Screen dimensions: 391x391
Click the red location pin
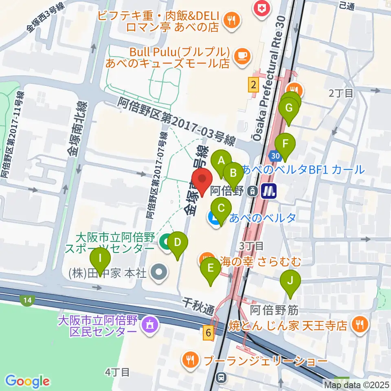point(202,180)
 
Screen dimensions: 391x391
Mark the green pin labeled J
point(290,281)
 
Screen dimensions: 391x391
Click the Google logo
point(27,381)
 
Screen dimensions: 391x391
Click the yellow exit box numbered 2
point(254,85)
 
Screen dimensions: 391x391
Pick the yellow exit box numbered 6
point(209,332)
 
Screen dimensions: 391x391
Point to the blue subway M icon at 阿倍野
point(269,191)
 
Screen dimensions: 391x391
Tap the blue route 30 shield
point(275,156)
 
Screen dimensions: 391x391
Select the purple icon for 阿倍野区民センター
point(149,325)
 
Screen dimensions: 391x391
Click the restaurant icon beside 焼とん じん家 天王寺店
point(360,324)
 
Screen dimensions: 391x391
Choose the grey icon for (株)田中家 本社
point(158,272)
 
